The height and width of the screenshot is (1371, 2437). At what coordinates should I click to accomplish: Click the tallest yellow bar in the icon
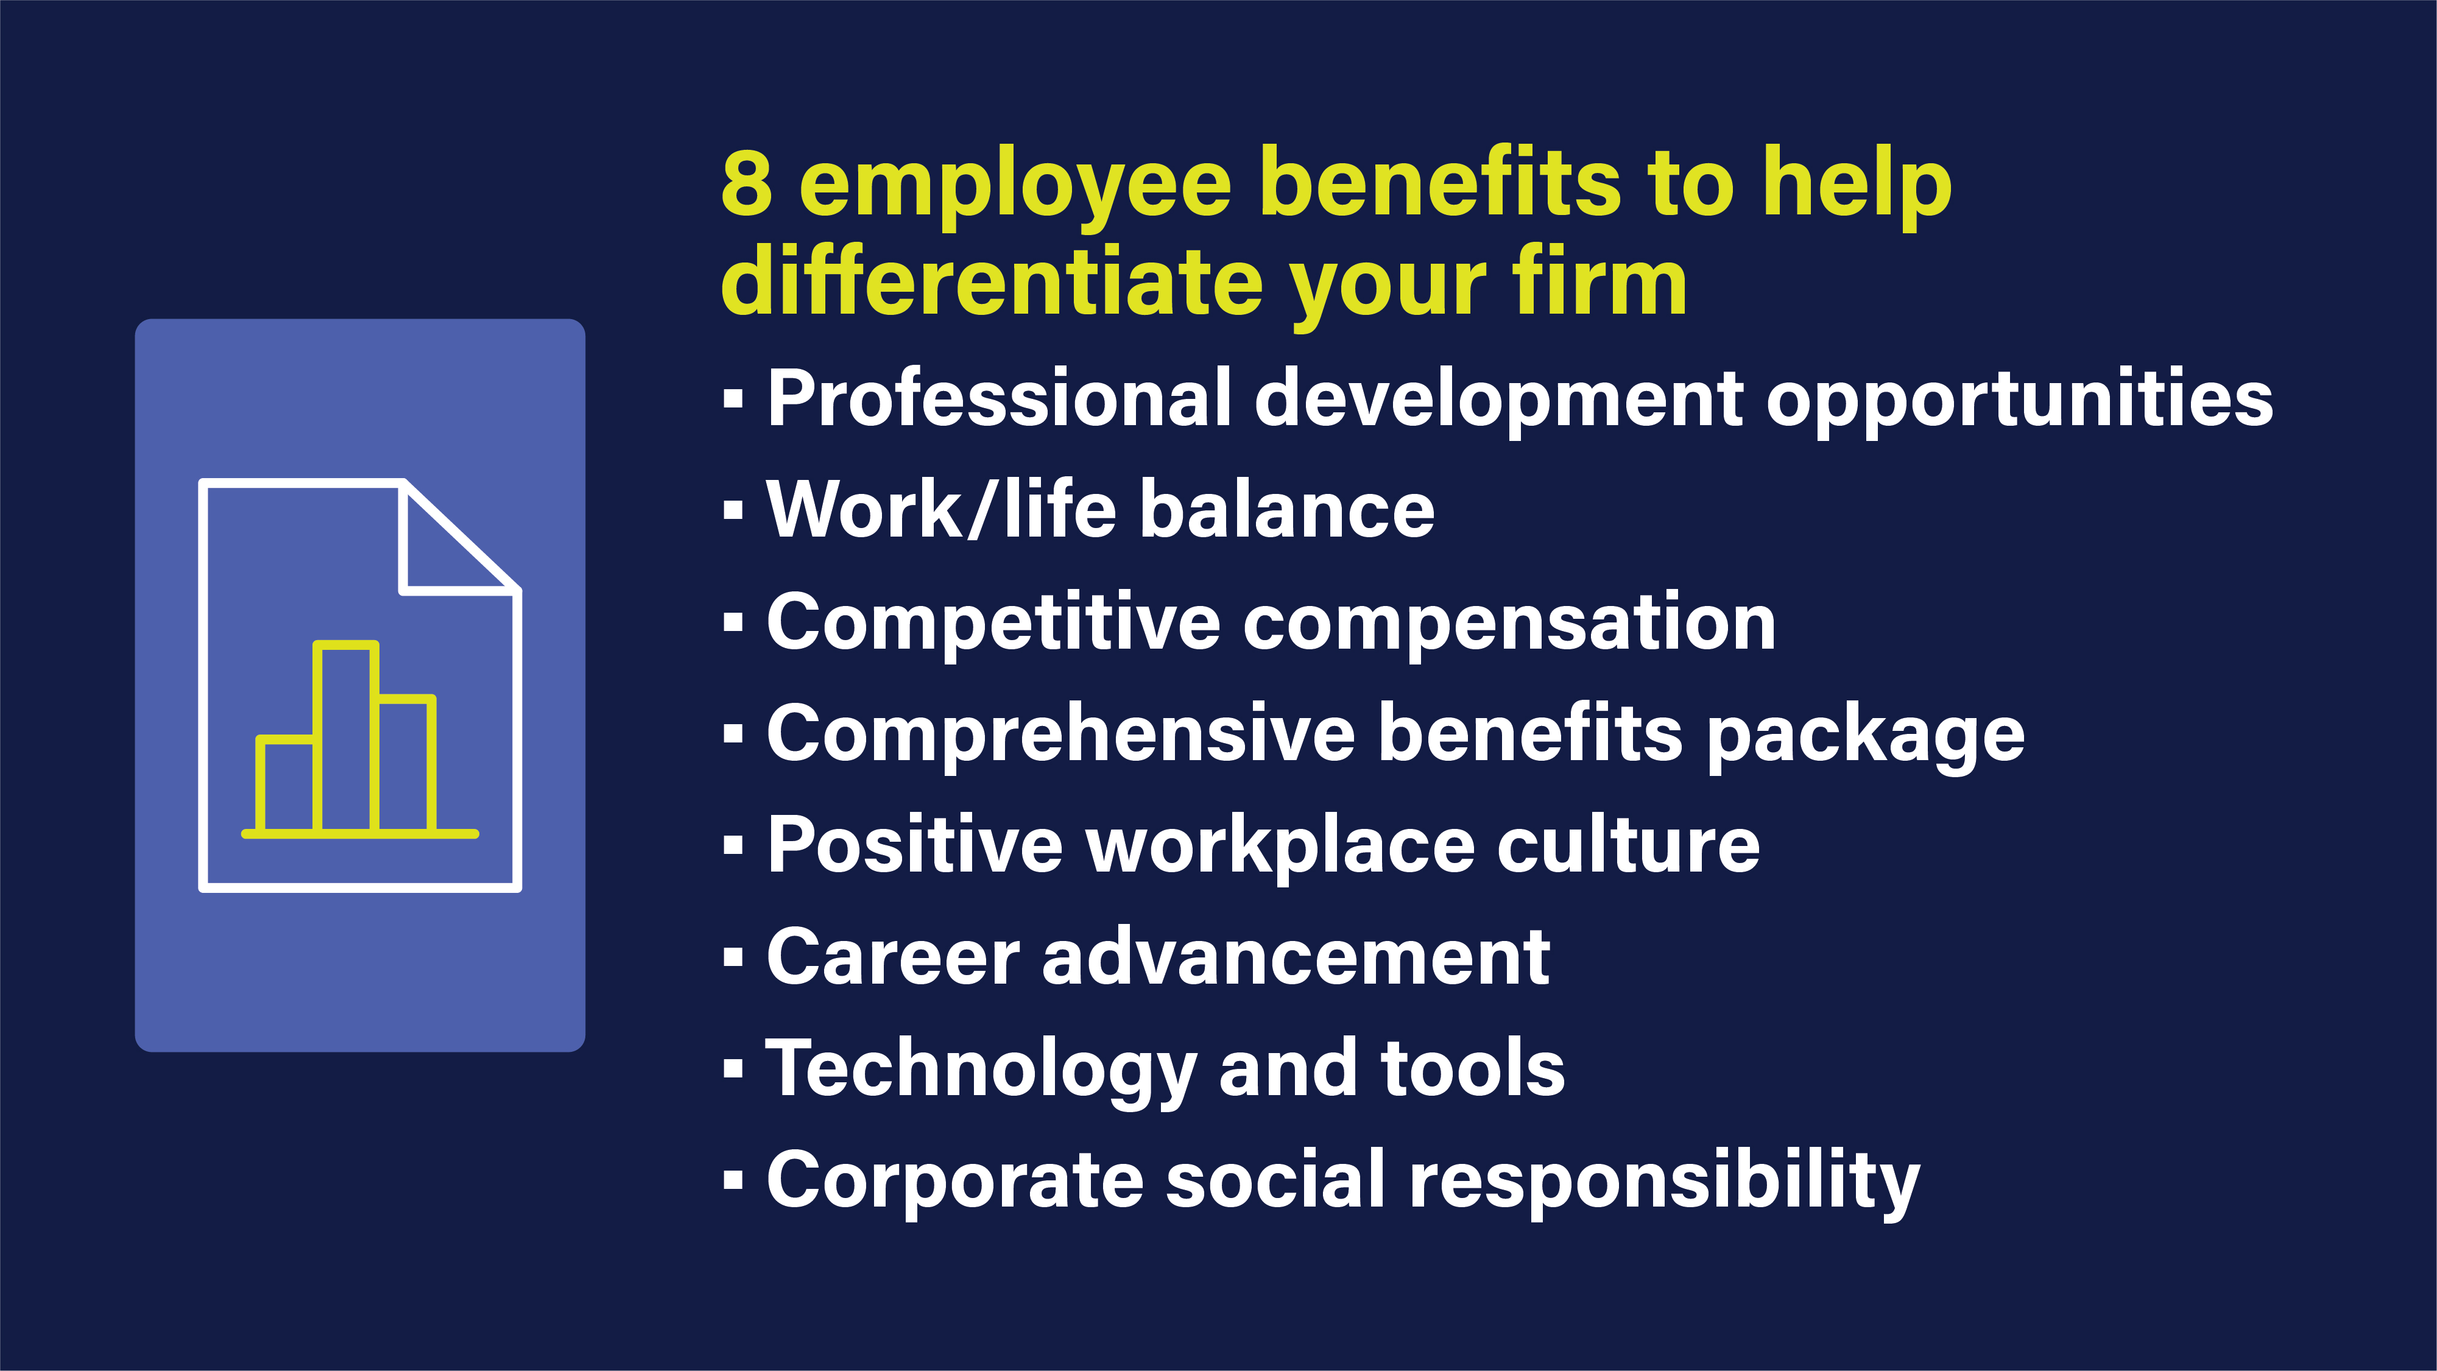(346, 738)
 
